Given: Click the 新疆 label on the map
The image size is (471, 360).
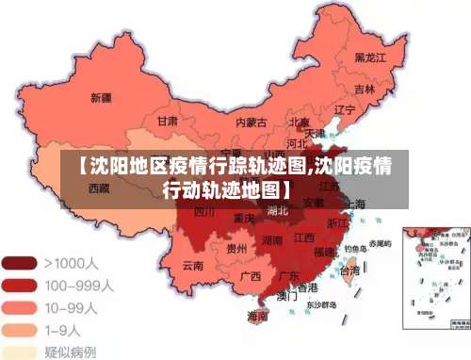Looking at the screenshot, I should coord(101,97).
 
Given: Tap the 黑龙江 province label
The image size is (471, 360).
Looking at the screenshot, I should coord(370,57).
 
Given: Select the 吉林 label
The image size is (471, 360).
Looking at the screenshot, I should coord(365,90).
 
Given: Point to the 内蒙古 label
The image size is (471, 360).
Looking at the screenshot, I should coord(250,122).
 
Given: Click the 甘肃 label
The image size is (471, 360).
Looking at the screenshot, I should coord(168,122).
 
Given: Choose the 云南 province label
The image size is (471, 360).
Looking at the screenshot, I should coord(192,267).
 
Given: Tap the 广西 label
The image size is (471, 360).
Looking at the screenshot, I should coord(250,276).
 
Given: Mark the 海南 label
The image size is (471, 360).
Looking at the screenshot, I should coord(256,315).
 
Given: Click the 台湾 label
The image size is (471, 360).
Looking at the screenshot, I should coord(349,270).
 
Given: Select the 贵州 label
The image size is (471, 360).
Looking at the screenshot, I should coord(236,249).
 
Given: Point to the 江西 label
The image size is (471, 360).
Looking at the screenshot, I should coord(303,238).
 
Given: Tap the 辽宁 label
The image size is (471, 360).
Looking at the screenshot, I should coord(345,110).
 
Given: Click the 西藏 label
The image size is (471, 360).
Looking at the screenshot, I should coord(99,188).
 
